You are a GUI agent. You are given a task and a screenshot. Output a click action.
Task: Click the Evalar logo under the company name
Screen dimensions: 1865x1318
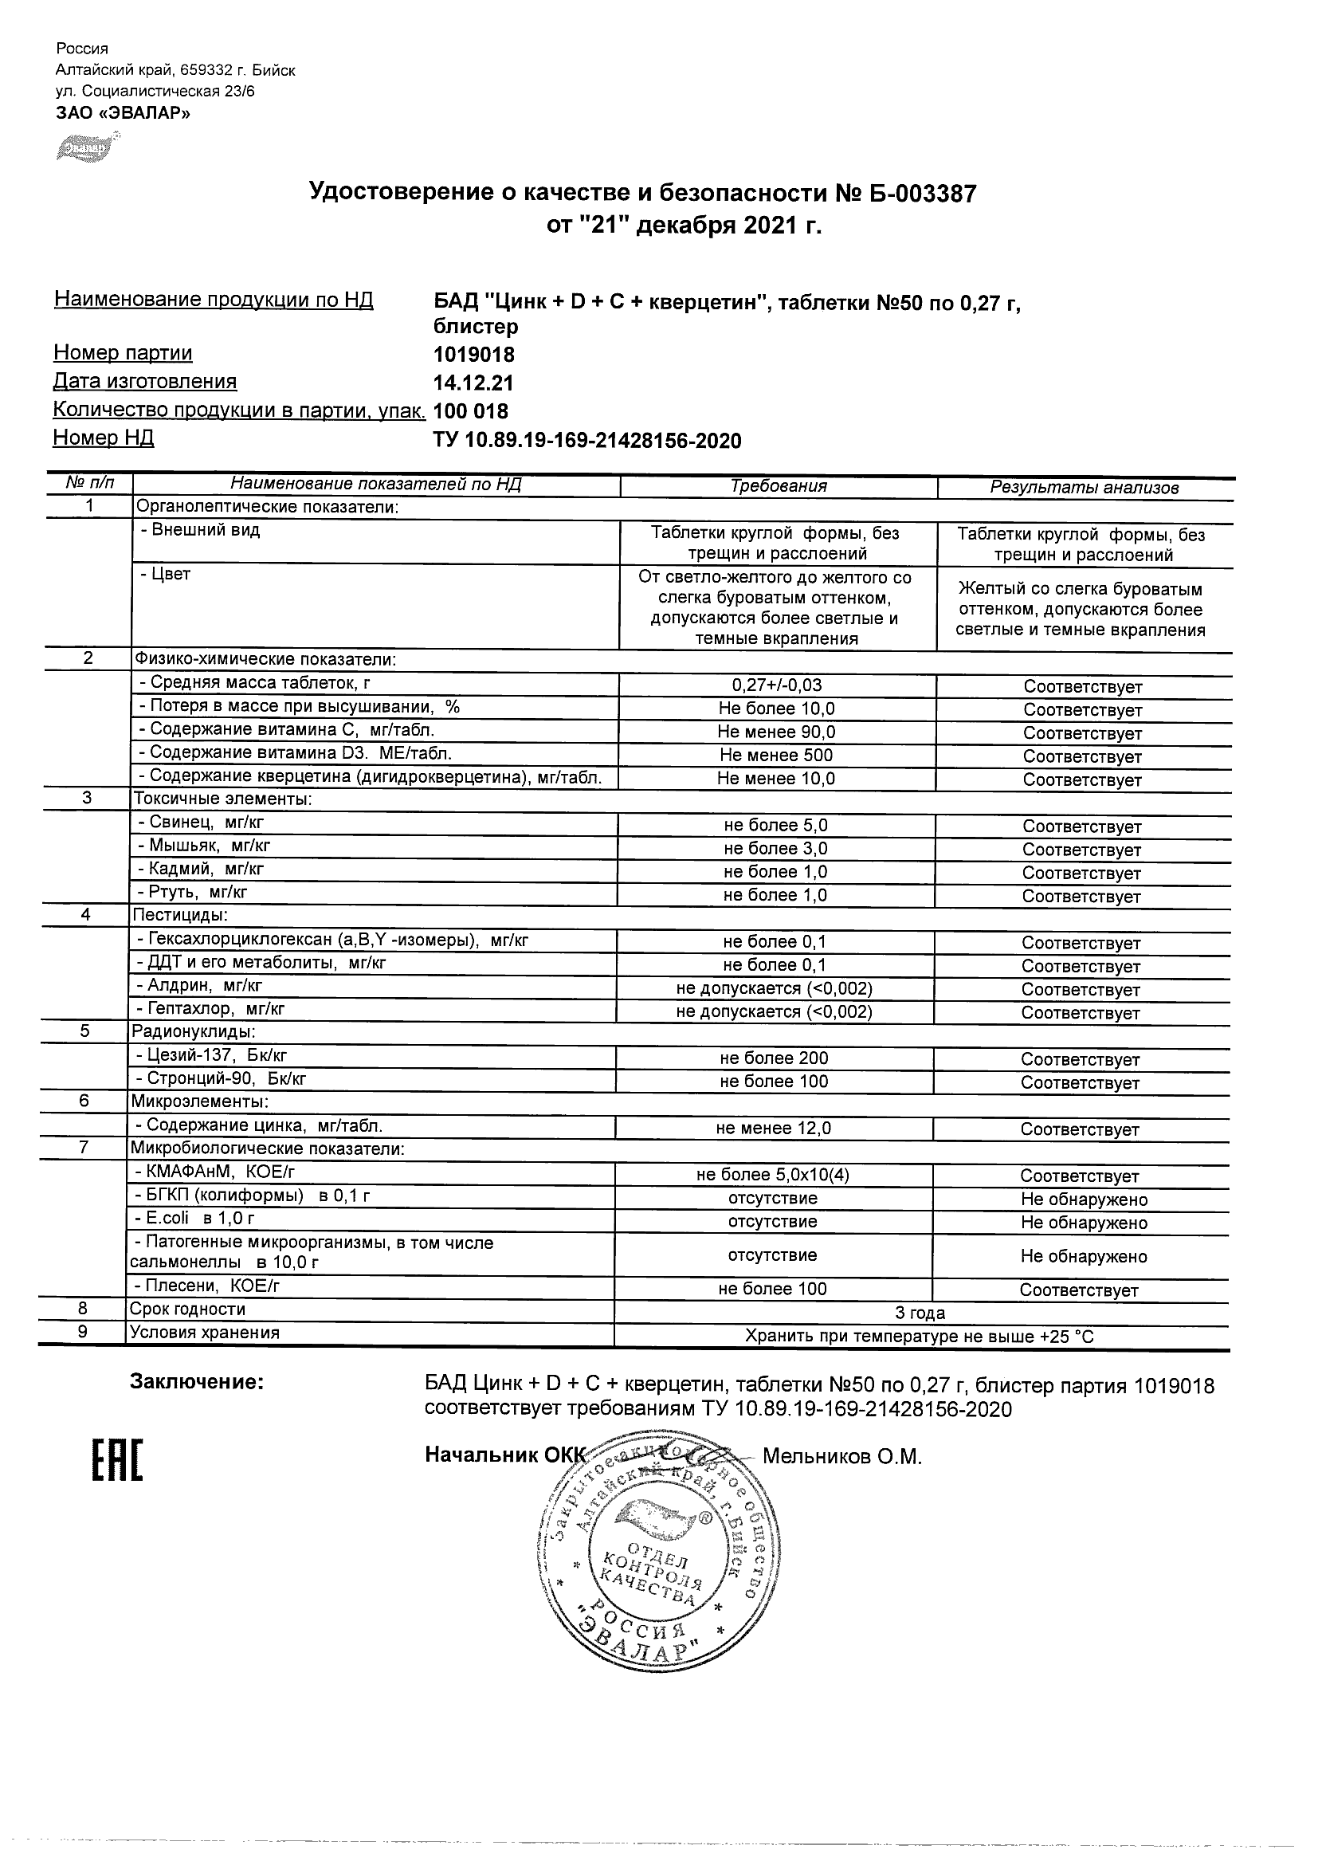tap(86, 149)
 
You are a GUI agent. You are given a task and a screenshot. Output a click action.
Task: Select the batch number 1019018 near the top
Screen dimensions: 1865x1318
tap(473, 355)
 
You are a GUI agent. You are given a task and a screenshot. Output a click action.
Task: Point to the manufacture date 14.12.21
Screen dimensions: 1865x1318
tap(473, 383)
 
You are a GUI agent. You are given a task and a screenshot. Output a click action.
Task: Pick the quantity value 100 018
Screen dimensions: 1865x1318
tap(471, 412)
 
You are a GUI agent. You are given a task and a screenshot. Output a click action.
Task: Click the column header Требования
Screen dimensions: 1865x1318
tap(778, 486)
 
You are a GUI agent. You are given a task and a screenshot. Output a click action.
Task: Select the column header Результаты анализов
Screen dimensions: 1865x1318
tap(1083, 489)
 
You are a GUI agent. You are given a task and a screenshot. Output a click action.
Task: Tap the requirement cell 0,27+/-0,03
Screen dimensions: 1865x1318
tap(777, 685)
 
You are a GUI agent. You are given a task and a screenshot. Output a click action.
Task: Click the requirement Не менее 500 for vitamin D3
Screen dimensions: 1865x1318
tap(776, 756)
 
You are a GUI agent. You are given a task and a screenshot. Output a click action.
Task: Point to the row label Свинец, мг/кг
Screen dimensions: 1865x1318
tap(206, 822)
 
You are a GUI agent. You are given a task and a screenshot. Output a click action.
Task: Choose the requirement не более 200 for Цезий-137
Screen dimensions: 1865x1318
tap(774, 1058)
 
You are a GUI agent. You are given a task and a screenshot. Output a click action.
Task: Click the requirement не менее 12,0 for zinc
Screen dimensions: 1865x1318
tap(773, 1129)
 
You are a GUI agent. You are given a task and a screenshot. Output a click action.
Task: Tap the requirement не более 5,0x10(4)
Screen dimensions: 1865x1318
tap(773, 1175)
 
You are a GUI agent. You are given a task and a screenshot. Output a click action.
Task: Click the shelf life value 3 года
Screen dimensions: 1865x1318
tap(920, 1313)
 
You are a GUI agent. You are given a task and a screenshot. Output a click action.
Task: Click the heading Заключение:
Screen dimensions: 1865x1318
tap(197, 1383)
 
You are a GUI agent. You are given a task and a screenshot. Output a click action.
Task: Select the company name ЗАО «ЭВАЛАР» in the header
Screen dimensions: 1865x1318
tap(124, 113)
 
